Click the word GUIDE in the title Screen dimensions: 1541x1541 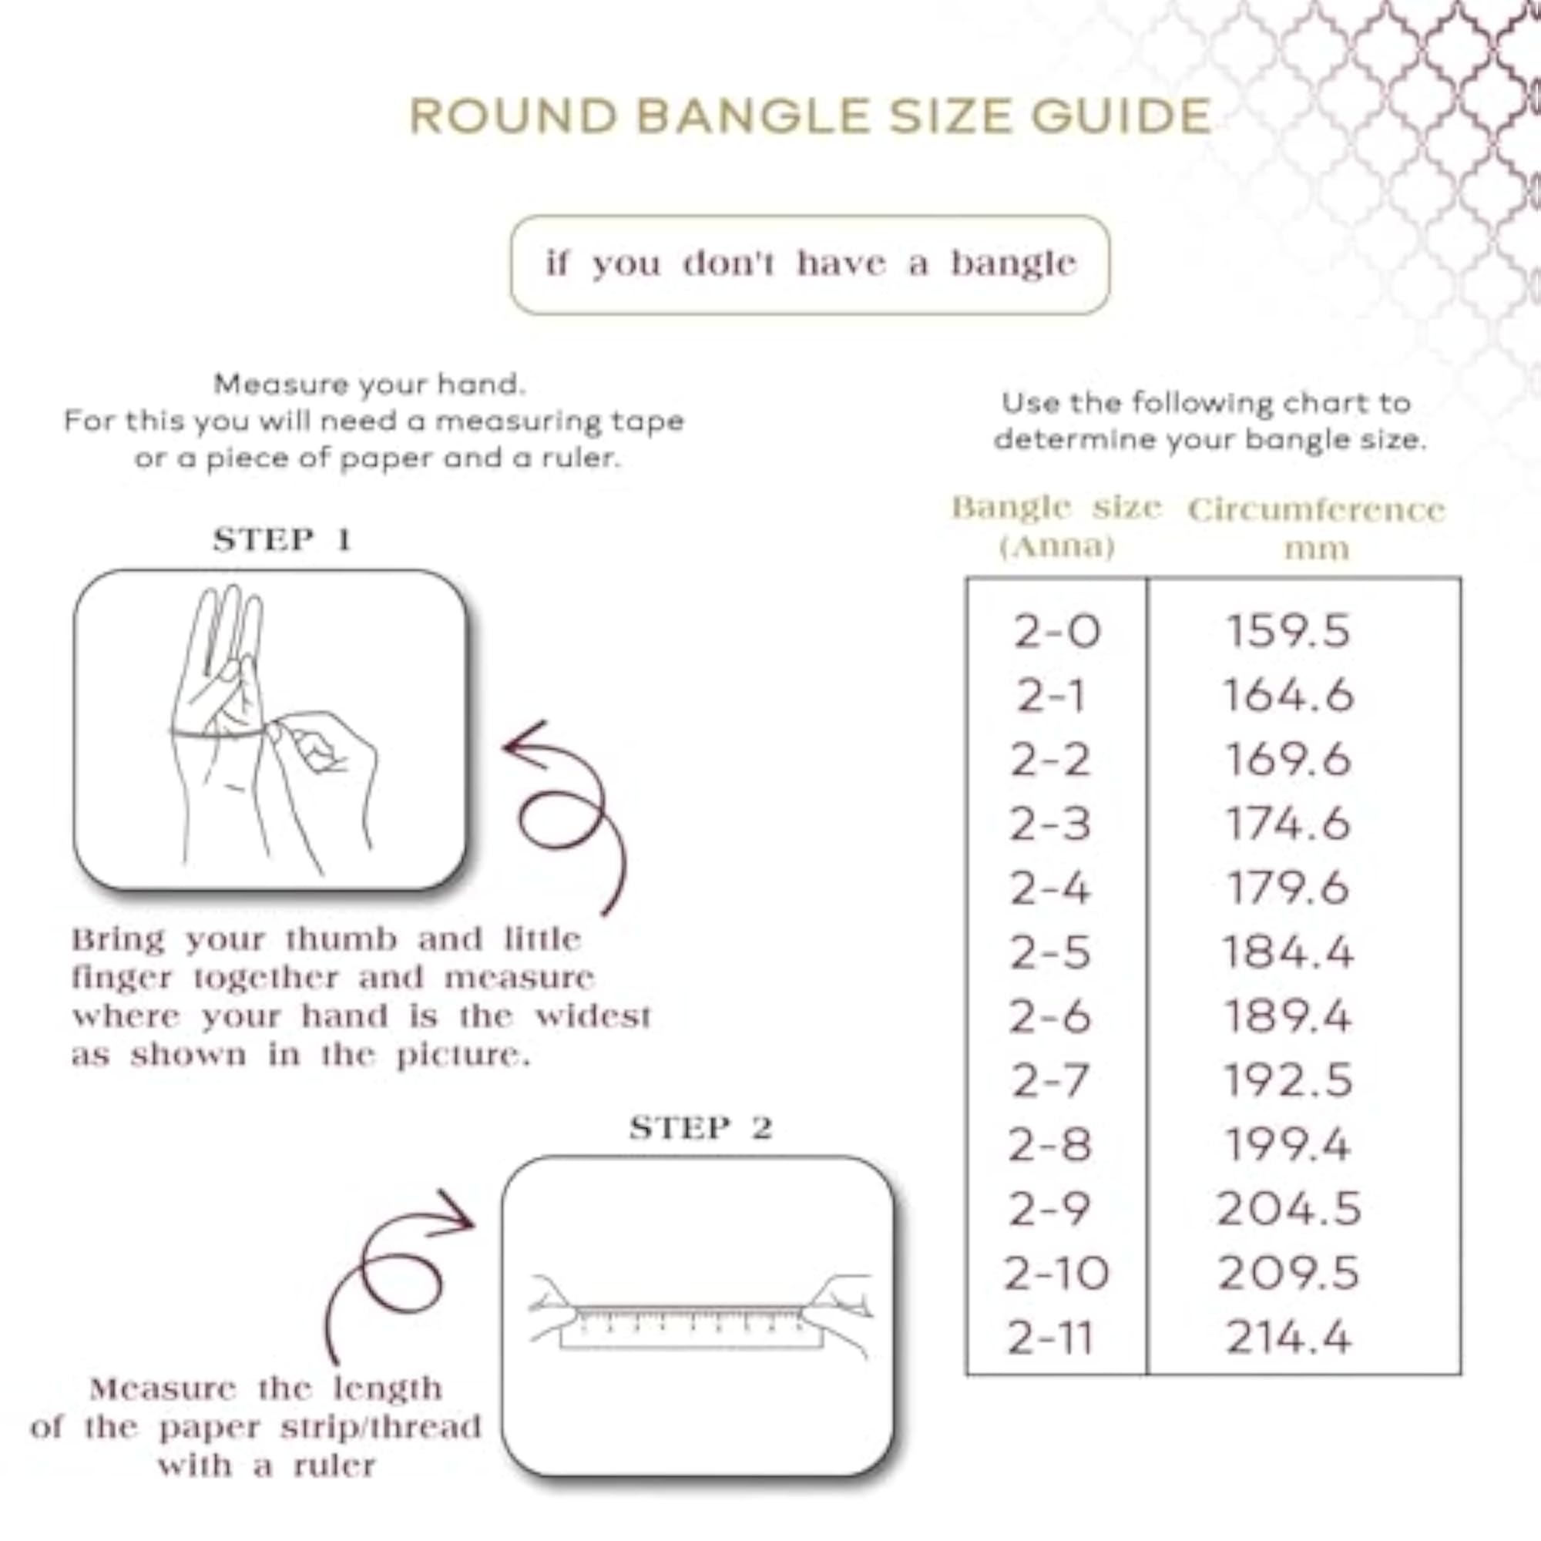[1121, 116]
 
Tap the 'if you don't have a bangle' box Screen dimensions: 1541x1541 [810, 264]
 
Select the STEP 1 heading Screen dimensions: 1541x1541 [282, 540]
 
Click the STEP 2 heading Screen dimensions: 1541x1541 [701, 1128]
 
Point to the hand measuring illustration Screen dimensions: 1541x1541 [271, 729]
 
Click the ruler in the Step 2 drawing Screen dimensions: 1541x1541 [690, 1330]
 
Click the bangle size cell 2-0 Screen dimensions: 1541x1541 [1057, 632]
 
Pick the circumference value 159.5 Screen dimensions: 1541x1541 [1288, 631]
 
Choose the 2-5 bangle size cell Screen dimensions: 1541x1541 [1049, 953]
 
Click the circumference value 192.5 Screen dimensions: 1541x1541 [1288, 1082]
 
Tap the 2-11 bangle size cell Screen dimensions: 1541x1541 [1049, 1338]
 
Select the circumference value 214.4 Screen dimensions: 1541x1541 [1288, 1338]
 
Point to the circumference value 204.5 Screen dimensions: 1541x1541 [1288, 1210]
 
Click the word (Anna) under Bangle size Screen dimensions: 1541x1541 [1057, 547]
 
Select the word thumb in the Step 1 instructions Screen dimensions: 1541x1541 [341, 939]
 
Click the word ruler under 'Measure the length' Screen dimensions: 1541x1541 [334, 1465]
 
